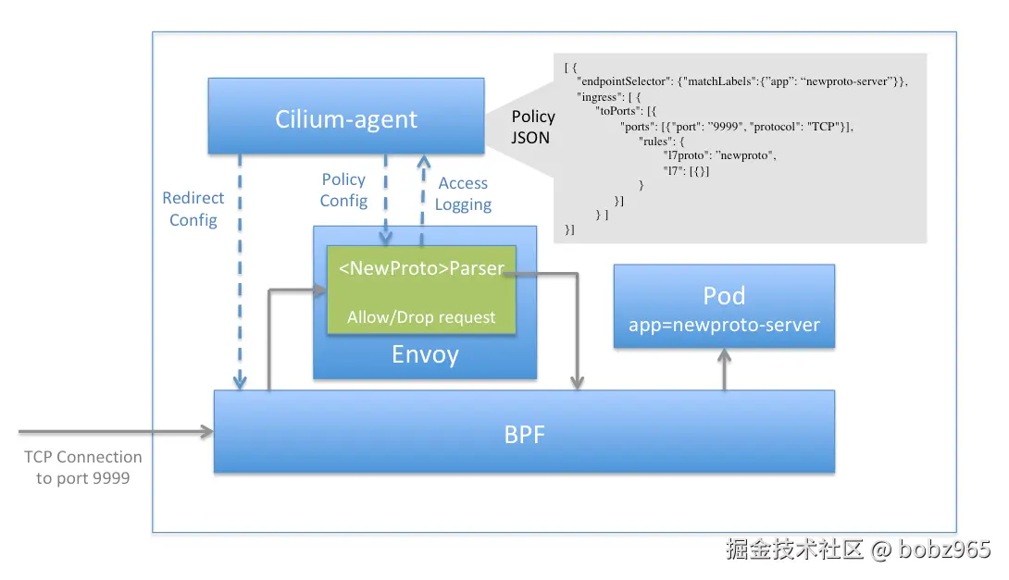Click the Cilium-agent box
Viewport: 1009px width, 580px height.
(346, 116)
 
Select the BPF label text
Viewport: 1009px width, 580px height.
(525, 435)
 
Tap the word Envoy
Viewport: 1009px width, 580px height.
(425, 354)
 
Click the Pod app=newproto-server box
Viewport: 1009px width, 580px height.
(724, 306)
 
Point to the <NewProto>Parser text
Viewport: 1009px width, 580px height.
(421, 268)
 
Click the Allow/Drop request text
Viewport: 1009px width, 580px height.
(421, 317)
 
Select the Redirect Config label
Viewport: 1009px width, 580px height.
(193, 208)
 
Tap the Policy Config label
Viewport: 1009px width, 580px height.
(343, 190)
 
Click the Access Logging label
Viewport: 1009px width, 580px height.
(464, 193)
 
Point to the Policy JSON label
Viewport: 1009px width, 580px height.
(533, 127)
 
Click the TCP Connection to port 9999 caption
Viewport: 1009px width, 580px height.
(83, 467)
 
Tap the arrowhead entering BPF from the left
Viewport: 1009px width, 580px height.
(207, 431)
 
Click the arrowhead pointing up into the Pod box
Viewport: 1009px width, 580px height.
(725, 355)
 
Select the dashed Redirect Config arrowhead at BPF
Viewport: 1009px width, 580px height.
(240, 381)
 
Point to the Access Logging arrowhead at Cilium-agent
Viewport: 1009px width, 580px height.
(423, 161)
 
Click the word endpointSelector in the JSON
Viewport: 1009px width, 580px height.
(624, 81)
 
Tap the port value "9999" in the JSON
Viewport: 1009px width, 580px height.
(725, 127)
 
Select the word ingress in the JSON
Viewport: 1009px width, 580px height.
(601, 97)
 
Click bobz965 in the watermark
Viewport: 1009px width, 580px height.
(944, 549)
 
